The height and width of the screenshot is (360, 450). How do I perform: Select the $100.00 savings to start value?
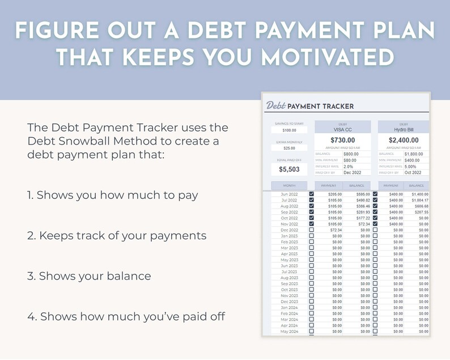coord(289,130)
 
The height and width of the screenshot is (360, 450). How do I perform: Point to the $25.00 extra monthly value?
coord(289,148)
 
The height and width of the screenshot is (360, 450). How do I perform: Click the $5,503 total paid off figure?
coord(289,169)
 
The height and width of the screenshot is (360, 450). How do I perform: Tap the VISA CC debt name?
coord(342,130)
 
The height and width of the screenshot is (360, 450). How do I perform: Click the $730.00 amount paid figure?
coord(342,140)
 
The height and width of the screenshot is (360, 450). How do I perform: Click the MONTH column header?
coord(289,185)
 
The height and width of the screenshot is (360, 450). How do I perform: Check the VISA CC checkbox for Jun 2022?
coord(311,194)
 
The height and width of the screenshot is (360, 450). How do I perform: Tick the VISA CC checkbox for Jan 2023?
coord(311,236)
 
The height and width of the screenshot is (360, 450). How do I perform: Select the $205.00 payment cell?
coord(334,194)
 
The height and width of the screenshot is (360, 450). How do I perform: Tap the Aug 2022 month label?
coord(289,206)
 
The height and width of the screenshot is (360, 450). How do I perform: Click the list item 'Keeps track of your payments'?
coord(117,235)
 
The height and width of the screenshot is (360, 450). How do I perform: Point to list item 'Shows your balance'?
coord(89,276)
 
